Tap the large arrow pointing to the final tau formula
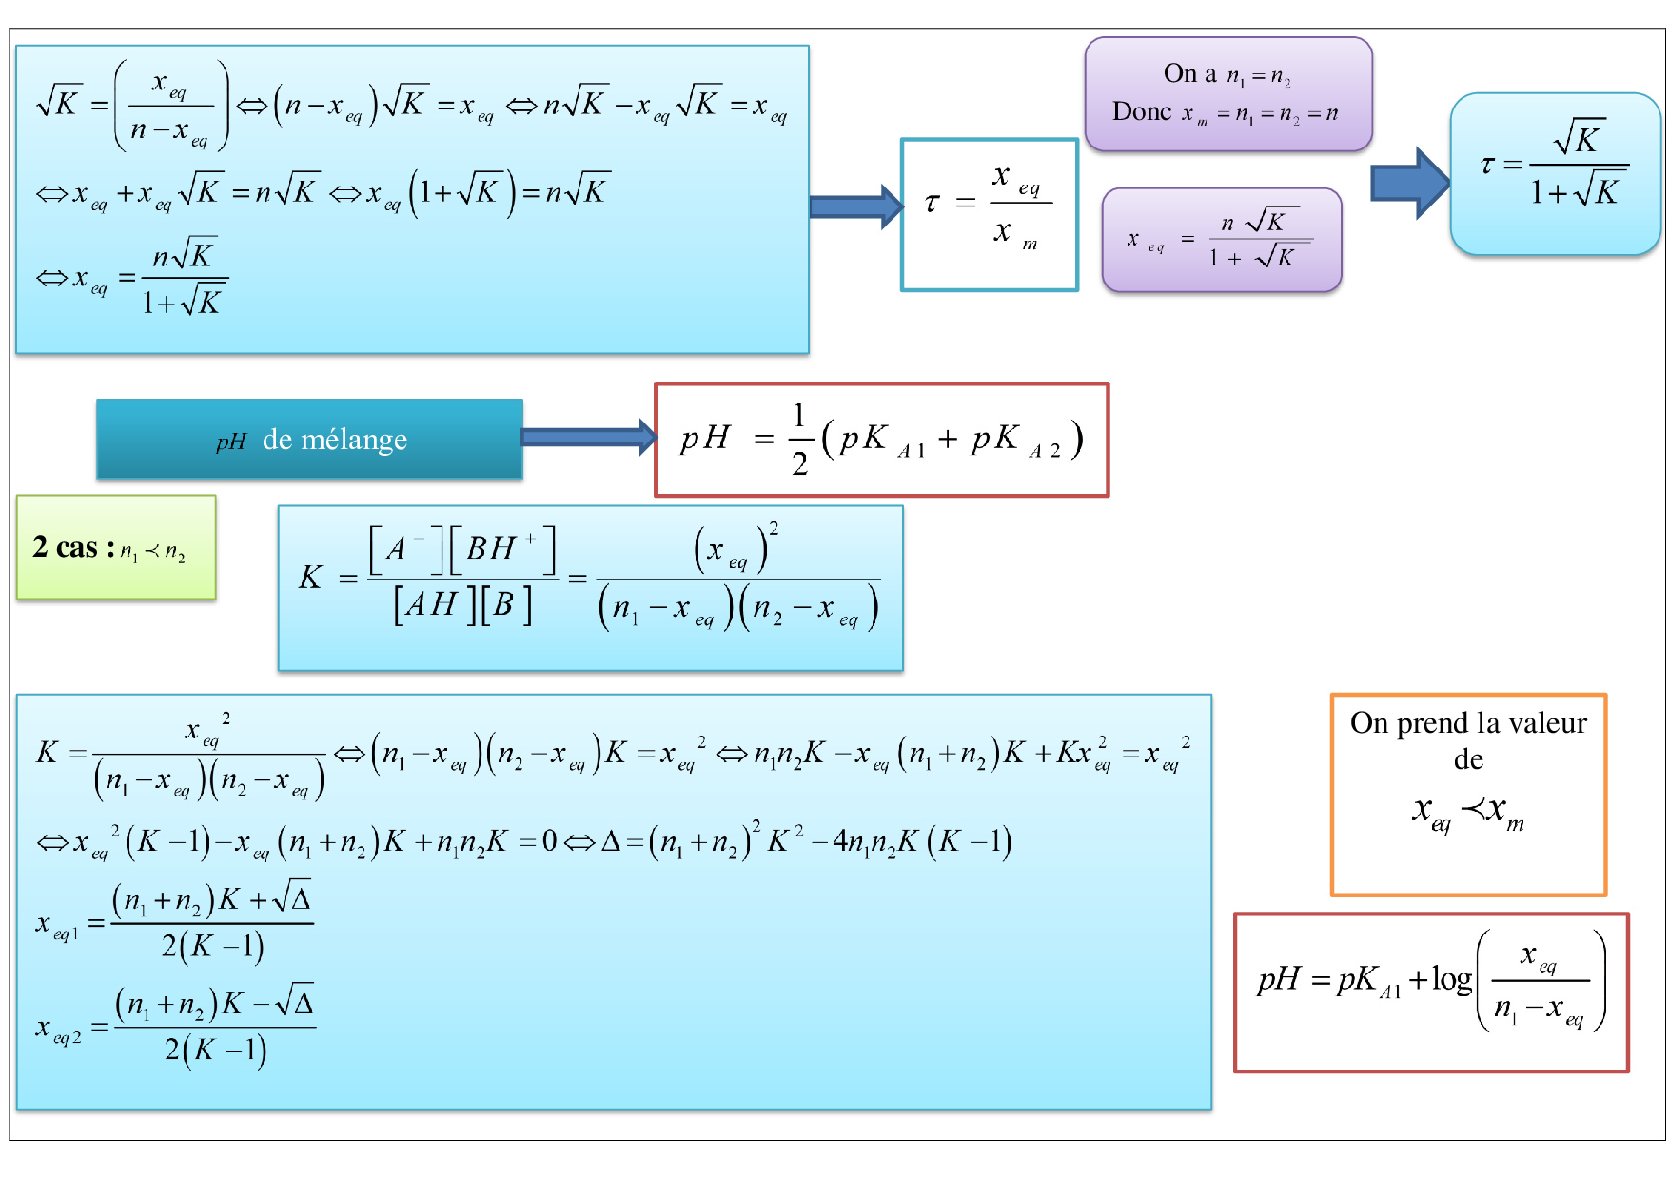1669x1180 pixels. coord(1409,183)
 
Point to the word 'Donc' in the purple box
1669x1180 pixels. coord(1142,112)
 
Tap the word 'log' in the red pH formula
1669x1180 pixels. coord(1451,979)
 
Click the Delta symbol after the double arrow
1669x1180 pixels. coord(611,841)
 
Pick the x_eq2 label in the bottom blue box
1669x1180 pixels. coord(58,1030)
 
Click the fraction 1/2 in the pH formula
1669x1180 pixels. coord(799,440)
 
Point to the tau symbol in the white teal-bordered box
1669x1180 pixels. coord(932,202)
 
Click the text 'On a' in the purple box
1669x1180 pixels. coord(1189,73)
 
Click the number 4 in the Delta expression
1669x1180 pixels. coord(841,841)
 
